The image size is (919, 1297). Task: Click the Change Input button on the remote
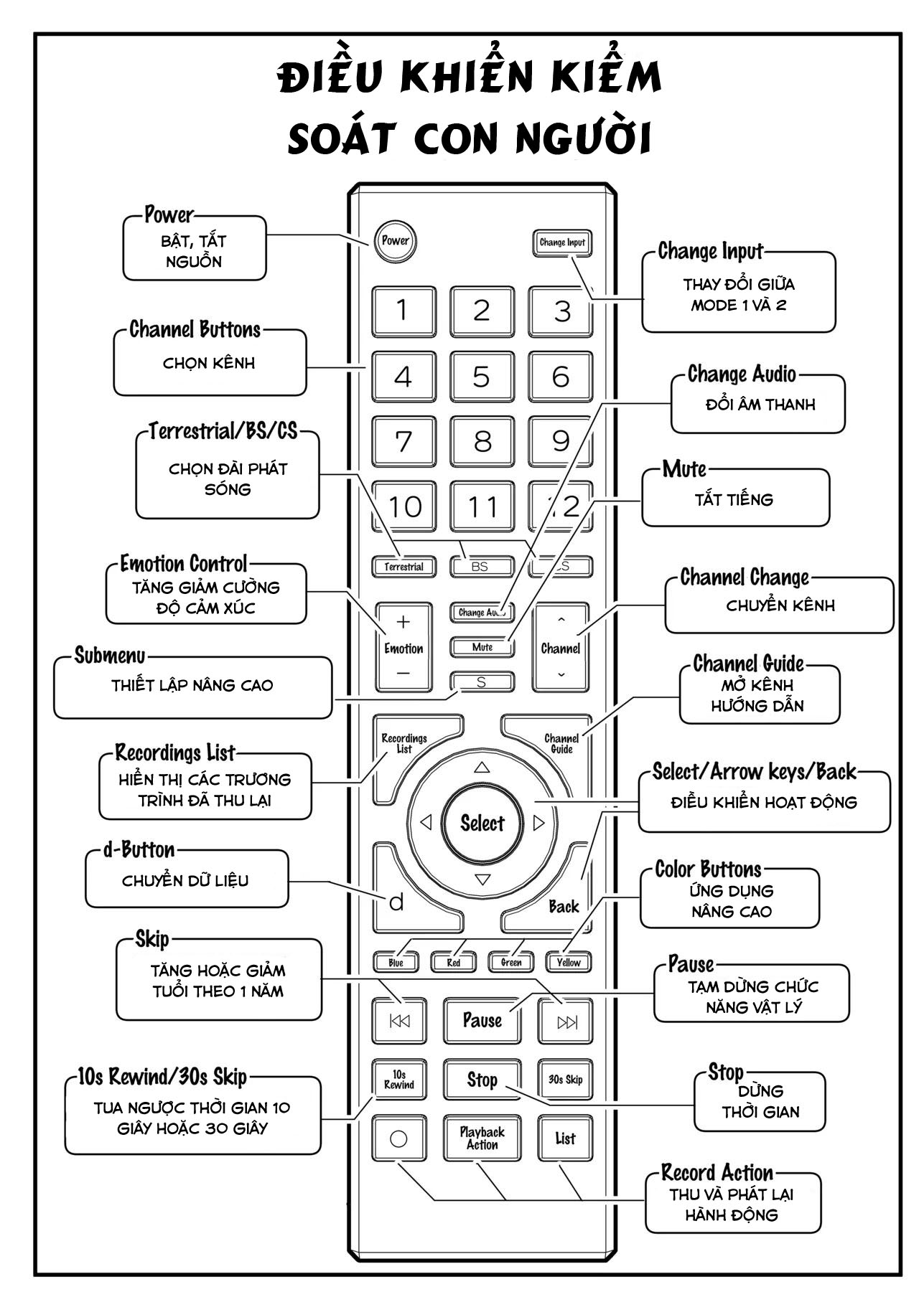coord(562,242)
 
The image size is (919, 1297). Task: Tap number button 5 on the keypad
coord(482,377)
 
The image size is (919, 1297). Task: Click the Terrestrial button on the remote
coord(403,567)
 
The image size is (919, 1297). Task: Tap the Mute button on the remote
coord(482,647)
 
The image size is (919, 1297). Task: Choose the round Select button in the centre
coord(482,823)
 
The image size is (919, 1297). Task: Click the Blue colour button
coord(396,962)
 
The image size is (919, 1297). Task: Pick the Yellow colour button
coord(569,962)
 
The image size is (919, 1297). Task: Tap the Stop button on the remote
coord(482,1080)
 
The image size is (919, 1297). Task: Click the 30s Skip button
coord(565,1080)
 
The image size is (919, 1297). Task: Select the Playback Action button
coord(482,1138)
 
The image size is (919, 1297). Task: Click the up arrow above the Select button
coord(482,767)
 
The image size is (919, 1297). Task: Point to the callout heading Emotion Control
coord(184,564)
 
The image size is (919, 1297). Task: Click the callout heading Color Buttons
coord(708,869)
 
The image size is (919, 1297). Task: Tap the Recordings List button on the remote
coord(404,743)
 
